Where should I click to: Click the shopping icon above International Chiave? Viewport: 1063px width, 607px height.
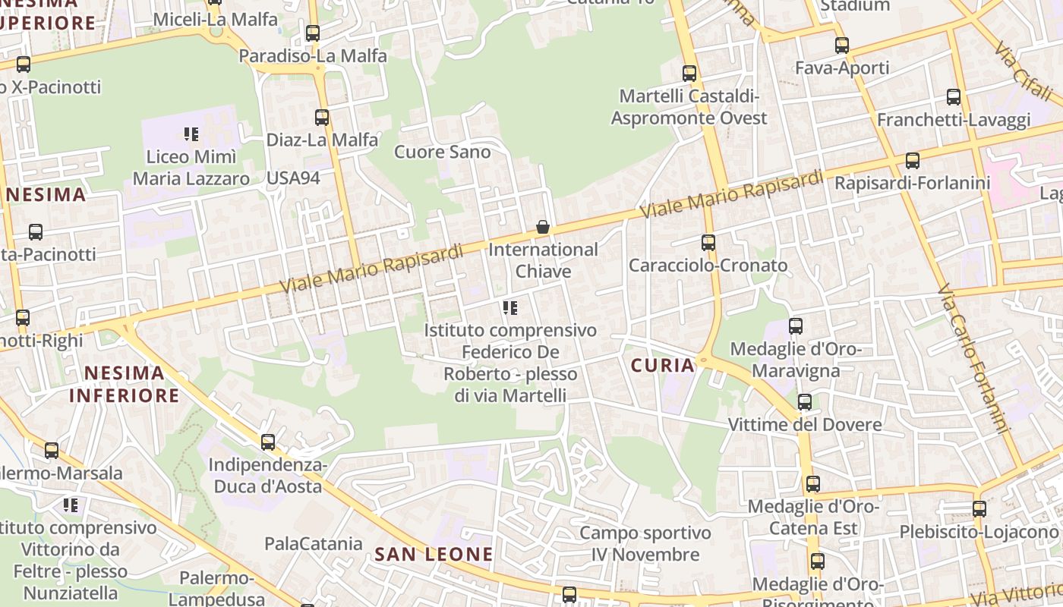point(543,227)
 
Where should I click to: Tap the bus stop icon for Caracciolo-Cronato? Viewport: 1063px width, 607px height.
point(708,243)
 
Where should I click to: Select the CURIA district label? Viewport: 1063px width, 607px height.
point(663,366)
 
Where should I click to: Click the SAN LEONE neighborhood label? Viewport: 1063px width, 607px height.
point(434,554)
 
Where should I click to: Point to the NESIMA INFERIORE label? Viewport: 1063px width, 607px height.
point(125,384)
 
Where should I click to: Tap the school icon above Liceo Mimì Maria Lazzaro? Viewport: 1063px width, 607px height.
point(191,135)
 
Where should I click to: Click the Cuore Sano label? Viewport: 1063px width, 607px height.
point(443,152)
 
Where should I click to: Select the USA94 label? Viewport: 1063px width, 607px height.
point(293,178)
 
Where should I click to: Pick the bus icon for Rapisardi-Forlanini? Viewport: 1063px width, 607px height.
point(913,161)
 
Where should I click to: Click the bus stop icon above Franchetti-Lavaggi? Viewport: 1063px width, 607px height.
point(954,97)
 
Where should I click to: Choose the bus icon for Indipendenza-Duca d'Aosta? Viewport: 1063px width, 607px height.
point(267,442)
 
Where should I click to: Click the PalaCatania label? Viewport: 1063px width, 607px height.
point(314,543)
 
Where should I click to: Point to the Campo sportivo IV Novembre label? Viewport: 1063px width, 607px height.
point(645,543)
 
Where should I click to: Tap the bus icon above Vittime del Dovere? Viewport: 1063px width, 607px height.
point(805,402)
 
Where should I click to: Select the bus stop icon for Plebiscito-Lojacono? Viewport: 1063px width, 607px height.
point(979,509)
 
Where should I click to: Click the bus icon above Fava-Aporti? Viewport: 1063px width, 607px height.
point(841,46)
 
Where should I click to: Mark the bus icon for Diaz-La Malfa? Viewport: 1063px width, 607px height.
point(322,118)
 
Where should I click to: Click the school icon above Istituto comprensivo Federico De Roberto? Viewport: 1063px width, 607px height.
point(510,308)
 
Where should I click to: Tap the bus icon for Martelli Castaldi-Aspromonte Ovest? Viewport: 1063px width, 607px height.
point(689,74)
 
